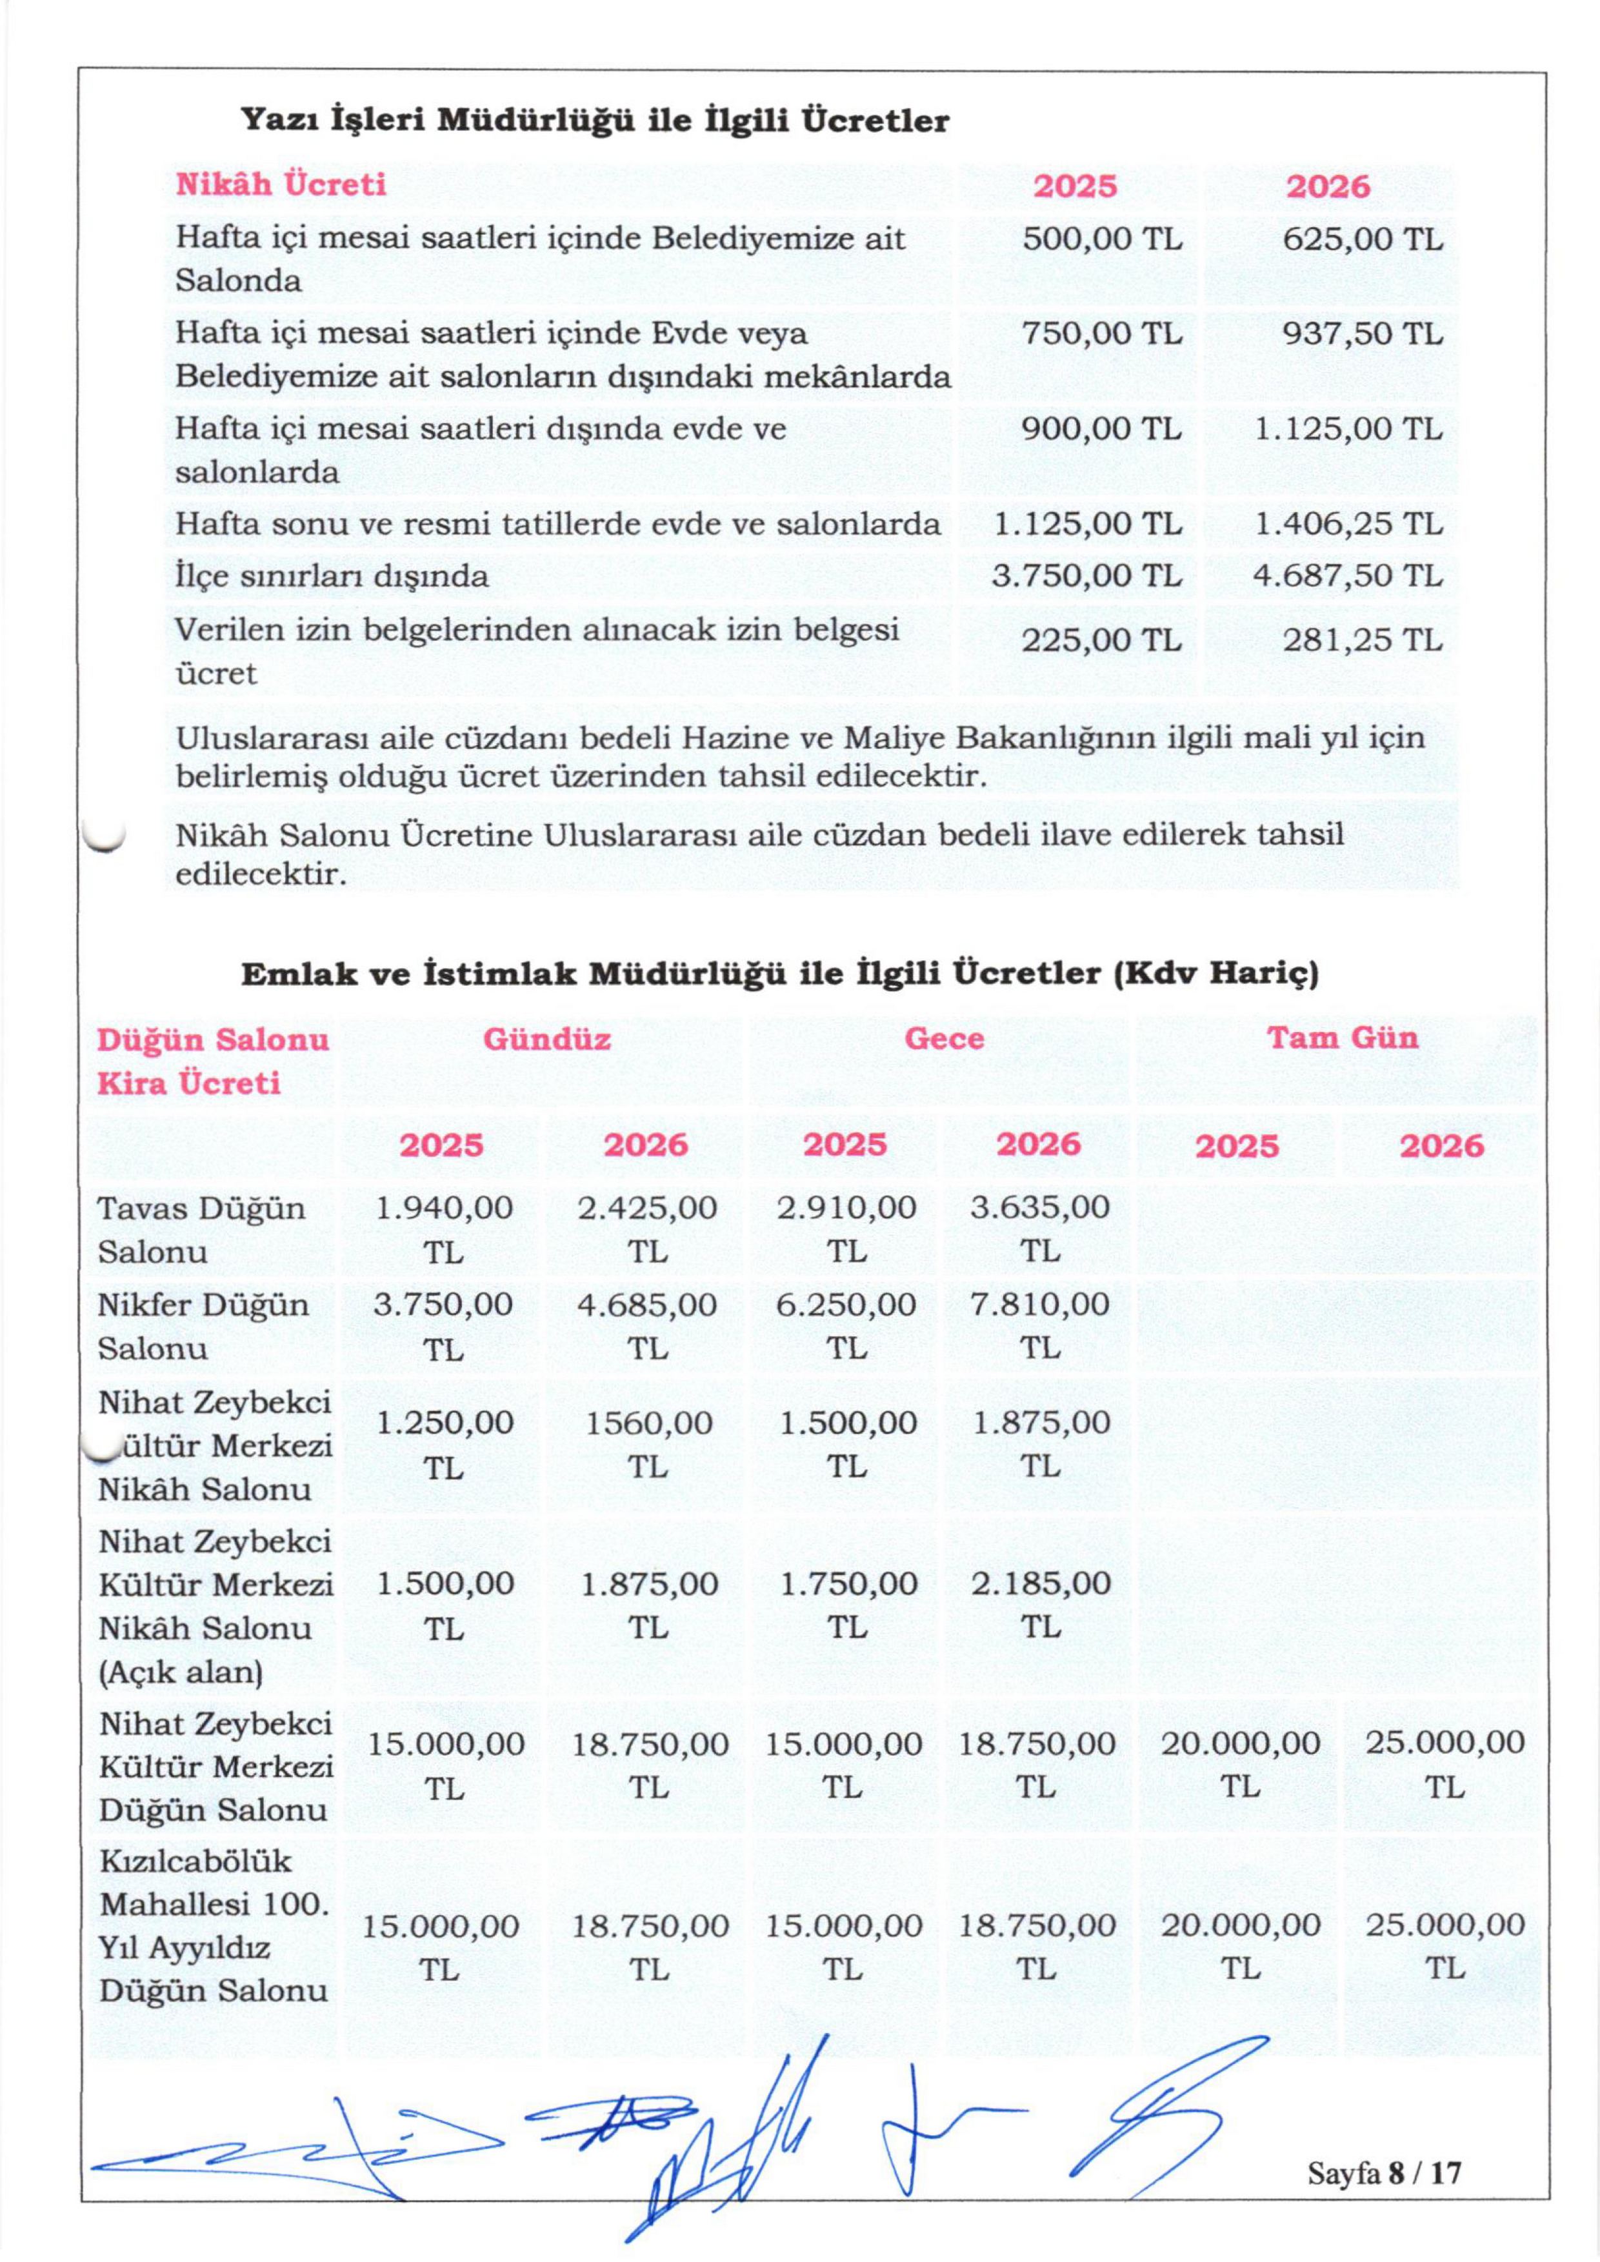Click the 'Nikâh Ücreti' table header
tap(281, 185)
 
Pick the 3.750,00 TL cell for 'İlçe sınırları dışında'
tap(1086, 576)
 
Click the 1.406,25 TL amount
tap(1348, 524)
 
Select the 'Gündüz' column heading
tap(547, 1038)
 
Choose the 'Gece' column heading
tap(944, 1038)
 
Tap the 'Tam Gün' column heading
tap(1342, 1037)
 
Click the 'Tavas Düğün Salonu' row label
tap(202, 1230)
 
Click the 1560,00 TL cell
tap(647, 1445)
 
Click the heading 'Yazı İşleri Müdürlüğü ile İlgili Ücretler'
tap(595, 121)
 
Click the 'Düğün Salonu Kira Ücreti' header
tap(213, 1061)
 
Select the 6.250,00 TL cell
tap(845, 1325)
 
